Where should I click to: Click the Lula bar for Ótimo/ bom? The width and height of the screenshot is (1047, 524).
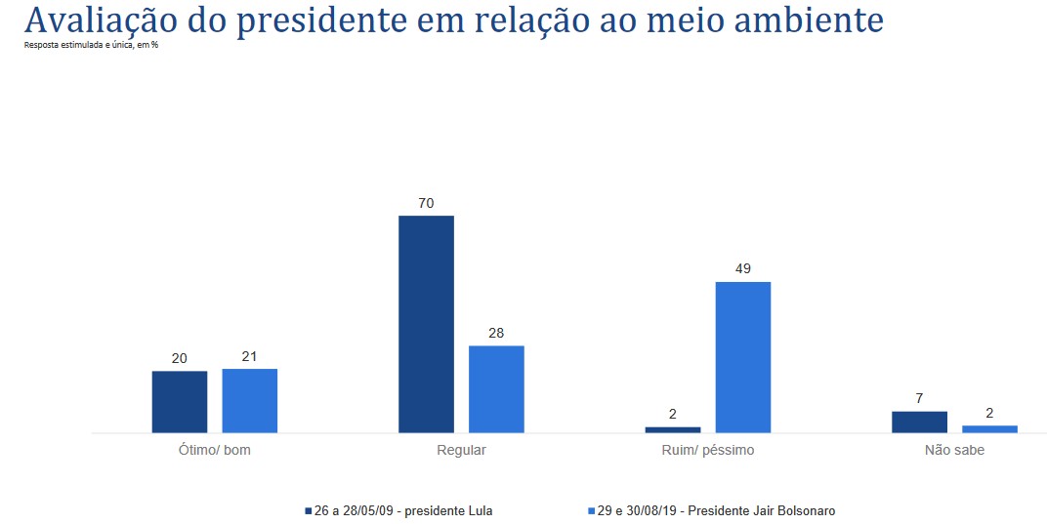tap(180, 401)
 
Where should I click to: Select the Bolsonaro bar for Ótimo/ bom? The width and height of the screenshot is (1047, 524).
tap(250, 400)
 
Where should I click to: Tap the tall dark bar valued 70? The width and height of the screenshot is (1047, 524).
tap(426, 324)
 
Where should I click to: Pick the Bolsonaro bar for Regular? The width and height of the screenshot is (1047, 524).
tap(496, 388)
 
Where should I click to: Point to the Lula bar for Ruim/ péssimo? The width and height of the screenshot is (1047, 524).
tap(673, 429)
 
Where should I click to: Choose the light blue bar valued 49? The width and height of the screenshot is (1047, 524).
tap(743, 357)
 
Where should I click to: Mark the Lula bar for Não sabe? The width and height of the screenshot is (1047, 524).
tap(919, 422)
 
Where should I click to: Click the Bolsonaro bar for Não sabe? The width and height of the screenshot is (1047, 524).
tap(989, 428)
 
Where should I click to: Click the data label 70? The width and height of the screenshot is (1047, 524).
tap(426, 204)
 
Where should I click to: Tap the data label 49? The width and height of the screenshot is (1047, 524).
tap(743, 269)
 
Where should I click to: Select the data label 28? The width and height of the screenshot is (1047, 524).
tap(496, 334)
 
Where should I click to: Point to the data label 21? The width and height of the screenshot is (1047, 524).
tap(250, 357)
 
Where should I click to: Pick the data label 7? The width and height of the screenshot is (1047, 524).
tap(919, 399)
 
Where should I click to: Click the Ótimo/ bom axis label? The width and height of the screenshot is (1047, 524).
tap(215, 451)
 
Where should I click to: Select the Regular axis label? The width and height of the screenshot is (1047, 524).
tap(462, 451)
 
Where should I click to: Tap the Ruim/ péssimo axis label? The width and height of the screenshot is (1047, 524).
tap(708, 451)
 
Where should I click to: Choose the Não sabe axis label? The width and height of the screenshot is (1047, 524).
tap(954, 451)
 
